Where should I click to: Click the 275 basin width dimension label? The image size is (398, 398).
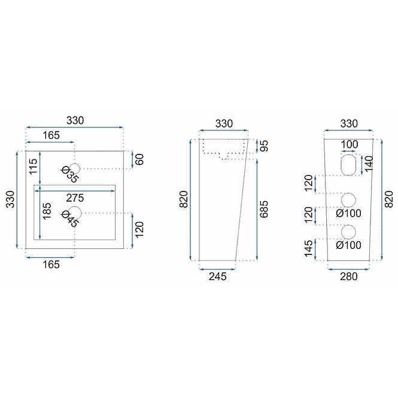click(x=75, y=198)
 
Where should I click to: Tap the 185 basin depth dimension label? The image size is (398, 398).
click(x=47, y=211)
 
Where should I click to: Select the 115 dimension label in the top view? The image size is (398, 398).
click(x=34, y=166)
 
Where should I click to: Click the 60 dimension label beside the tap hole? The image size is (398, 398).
click(x=139, y=159)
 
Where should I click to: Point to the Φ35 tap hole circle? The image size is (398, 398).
click(x=75, y=169)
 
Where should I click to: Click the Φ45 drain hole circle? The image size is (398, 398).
click(x=75, y=213)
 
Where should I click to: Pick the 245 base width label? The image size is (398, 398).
click(x=217, y=277)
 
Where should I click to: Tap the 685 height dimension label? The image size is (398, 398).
click(x=264, y=209)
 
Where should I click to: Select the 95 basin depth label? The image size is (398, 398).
click(x=264, y=146)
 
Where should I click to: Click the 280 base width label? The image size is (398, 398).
click(x=349, y=277)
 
